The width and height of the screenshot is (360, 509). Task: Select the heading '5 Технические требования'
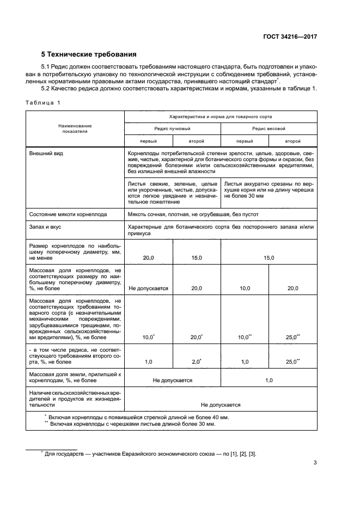pyautogui.click(x=89, y=54)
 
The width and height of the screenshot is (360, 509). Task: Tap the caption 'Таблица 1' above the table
pyautogui.click(x=44, y=102)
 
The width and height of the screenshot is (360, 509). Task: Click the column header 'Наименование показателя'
pyautogui.click(x=75, y=128)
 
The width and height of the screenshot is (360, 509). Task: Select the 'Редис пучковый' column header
pyautogui.click(x=172, y=128)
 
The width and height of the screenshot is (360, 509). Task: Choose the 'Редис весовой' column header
pyautogui.click(x=269, y=128)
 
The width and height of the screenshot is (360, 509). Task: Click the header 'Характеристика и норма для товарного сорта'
pyautogui.click(x=221, y=116)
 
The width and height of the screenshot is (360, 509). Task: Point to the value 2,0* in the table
pyautogui.click(x=197, y=361)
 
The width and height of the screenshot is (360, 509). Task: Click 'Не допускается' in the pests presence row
pyautogui.click(x=221, y=405)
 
